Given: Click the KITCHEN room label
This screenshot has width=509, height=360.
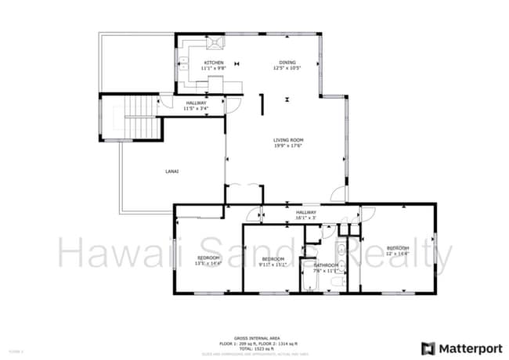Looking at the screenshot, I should pyautogui.click(x=213, y=63).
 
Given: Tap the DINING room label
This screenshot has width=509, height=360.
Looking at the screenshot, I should pyautogui.click(x=287, y=63).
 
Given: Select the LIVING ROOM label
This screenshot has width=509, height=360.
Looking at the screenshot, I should pyautogui.click(x=288, y=139).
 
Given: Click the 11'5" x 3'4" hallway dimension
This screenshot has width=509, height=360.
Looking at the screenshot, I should pyautogui.click(x=196, y=108).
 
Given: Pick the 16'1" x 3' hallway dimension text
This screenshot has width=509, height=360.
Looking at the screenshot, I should pyautogui.click(x=305, y=218).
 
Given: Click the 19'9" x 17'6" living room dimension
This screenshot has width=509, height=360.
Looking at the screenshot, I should pyautogui.click(x=288, y=146).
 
